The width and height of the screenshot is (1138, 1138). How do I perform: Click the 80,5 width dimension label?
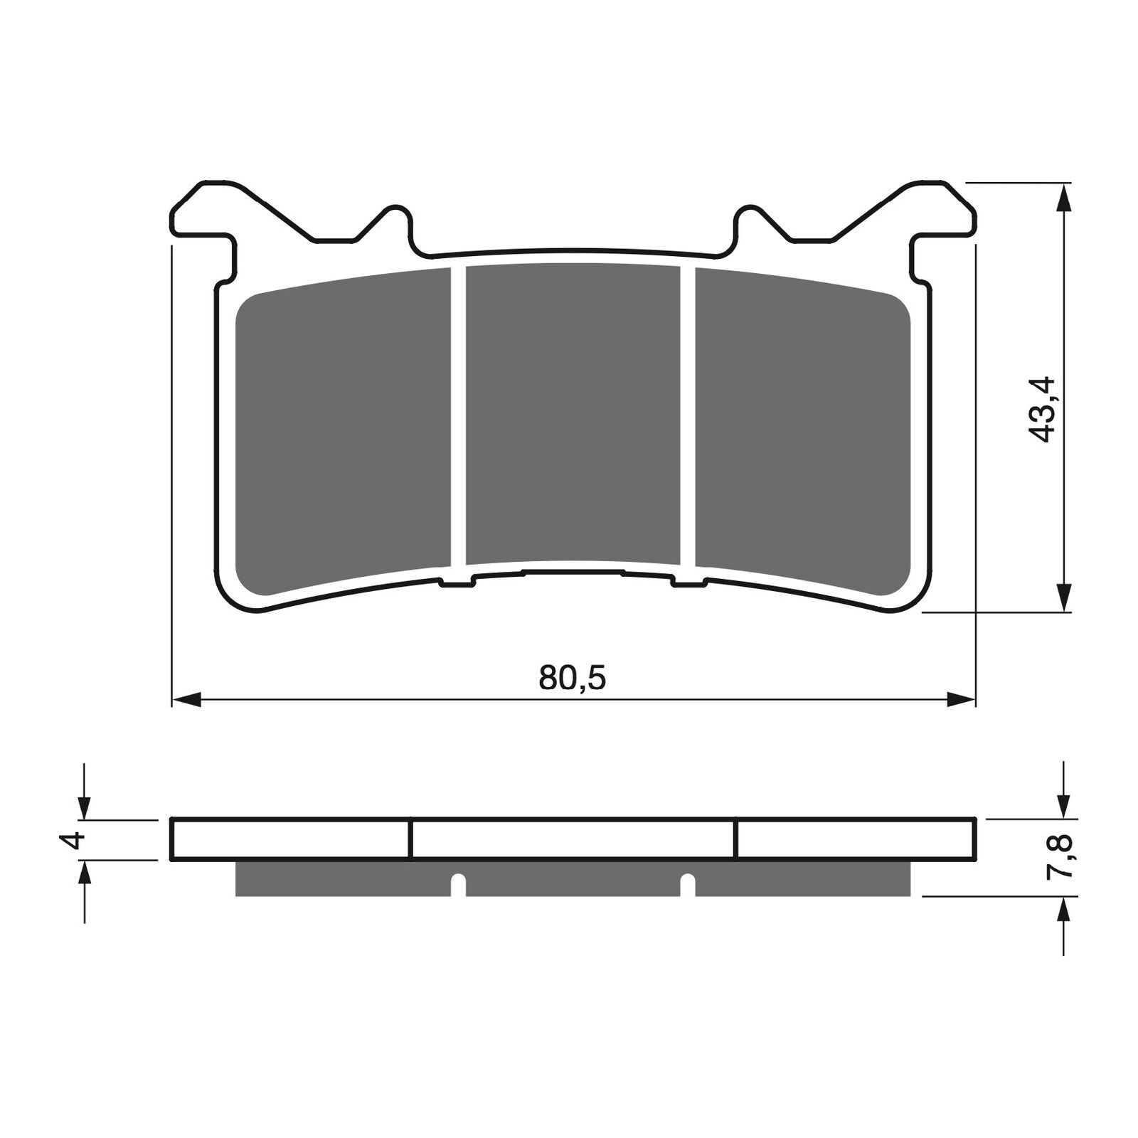[x=573, y=679]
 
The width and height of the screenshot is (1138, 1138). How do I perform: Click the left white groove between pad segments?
[x=458, y=417]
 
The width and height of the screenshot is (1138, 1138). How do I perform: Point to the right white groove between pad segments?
[x=687, y=417]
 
